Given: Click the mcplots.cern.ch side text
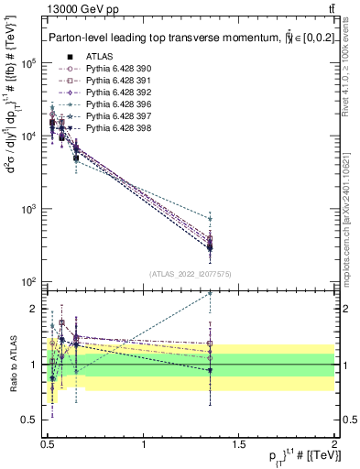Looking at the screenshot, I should pos(349,220).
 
